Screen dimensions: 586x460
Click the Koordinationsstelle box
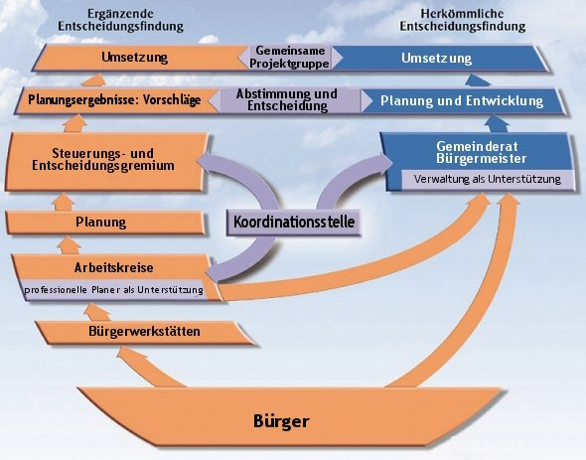(x=294, y=223)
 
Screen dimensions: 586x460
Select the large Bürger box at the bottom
(x=290, y=416)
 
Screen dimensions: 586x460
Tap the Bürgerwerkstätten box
(x=145, y=332)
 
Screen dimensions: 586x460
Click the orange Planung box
(x=105, y=223)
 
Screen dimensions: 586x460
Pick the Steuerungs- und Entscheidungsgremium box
(x=106, y=162)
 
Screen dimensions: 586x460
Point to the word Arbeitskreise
(x=113, y=268)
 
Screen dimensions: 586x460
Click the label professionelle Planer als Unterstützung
(x=113, y=290)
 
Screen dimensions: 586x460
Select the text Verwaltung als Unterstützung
(x=488, y=179)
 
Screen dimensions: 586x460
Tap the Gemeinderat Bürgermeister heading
(x=481, y=153)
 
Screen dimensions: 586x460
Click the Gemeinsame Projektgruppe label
(x=290, y=57)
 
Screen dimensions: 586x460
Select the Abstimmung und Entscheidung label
(x=287, y=100)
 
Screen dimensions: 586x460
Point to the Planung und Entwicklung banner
(x=462, y=101)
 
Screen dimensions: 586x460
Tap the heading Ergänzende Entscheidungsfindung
(x=121, y=20)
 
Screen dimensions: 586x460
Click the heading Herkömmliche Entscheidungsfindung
(x=463, y=20)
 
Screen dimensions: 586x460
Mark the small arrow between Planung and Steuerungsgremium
(x=64, y=202)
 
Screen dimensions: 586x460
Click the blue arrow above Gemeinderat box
(x=499, y=124)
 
